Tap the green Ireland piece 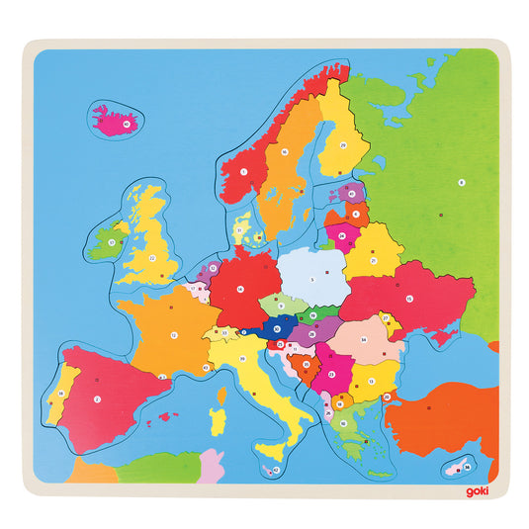point(104,241)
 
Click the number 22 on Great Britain point(153,257)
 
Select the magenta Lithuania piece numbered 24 point(343,236)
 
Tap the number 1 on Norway point(243,171)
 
